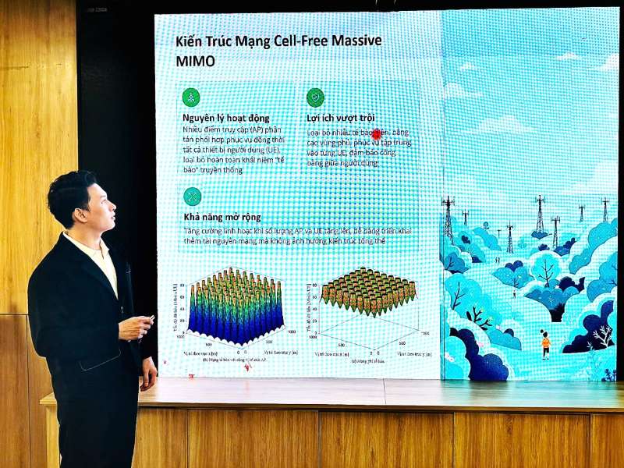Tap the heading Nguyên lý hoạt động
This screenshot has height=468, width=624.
click(225, 118)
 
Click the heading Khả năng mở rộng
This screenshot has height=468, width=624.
click(222, 217)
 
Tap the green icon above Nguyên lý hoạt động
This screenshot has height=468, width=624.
click(191, 97)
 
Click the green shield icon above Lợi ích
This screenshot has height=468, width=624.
click(315, 97)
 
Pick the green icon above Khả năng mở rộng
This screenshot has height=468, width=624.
click(191, 196)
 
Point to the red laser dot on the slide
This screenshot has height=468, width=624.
click(377, 134)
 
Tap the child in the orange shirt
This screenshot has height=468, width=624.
click(546, 343)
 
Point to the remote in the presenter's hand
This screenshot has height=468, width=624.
click(149, 321)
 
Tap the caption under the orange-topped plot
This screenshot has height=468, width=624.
click(360, 360)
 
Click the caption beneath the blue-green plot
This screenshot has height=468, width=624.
click(234, 360)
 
